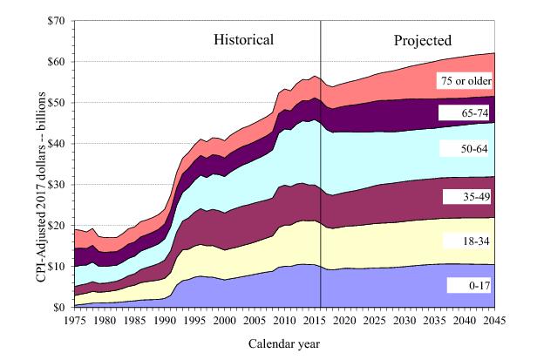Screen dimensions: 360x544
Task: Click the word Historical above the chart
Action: tap(244, 39)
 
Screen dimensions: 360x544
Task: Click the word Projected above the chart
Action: tap(422, 39)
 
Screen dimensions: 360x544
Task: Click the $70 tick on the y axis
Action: tap(57, 20)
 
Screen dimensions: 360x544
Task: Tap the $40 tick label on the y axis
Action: tap(57, 143)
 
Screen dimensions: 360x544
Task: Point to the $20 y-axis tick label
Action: tap(57, 225)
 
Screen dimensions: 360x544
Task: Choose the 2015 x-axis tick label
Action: tap(315, 320)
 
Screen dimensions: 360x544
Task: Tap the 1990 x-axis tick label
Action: tap(165, 320)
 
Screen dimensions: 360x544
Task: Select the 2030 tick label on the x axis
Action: tap(405, 320)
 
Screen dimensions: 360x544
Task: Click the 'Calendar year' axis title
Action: tap(284, 343)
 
